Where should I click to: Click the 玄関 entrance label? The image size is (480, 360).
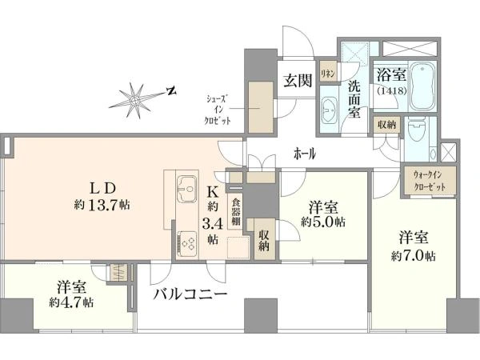tap(298, 81)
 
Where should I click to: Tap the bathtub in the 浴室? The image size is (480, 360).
tap(422, 86)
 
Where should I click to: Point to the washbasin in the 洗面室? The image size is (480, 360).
tap(330, 110)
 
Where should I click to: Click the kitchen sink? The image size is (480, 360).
tap(186, 188)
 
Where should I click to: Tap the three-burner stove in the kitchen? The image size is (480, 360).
tap(186, 242)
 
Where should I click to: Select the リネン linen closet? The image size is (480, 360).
tap(329, 73)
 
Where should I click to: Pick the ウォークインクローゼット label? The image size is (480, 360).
tap(429, 181)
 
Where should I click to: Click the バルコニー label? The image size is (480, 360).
tap(190, 294)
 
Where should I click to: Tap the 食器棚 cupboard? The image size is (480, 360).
tap(235, 212)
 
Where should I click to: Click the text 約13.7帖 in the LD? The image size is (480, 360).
tap(102, 205)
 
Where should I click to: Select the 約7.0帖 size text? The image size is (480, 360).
tap(414, 256)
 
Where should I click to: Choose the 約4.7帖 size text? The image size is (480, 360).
tap(71, 302)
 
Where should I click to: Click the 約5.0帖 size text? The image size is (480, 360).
tap(323, 222)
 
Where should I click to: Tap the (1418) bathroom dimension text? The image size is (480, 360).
tap(391, 91)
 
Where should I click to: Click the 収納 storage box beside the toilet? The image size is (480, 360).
tap(386, 125)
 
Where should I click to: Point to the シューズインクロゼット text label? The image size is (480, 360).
tap(218, 110)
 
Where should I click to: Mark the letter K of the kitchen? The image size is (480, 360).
tap(213, 192)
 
